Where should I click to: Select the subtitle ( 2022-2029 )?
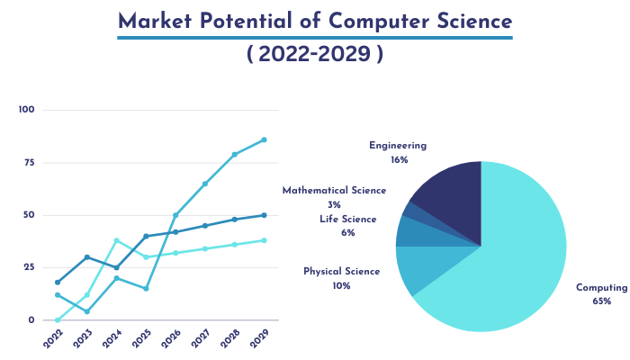pos(315,55)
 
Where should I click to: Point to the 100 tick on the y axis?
pos(26,110)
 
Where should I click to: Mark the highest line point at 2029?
pos(264,139)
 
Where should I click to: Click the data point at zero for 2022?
pos(58,319)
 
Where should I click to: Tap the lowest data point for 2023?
pos(87,311)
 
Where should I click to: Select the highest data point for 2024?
pos(117,240)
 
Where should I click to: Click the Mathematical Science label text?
pos(334,191)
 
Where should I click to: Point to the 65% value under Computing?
pos(602,301)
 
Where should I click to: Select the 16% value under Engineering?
pos(399,159)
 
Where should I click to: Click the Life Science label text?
pos(347,219)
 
